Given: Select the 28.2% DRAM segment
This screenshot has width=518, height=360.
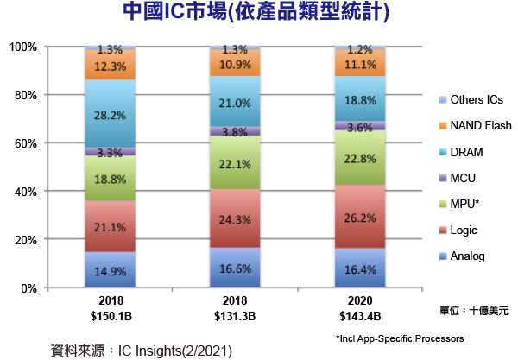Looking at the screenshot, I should point(110,114).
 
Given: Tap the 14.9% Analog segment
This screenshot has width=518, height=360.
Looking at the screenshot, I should point(110,269).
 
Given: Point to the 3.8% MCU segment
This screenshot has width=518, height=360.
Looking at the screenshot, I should point(236,131).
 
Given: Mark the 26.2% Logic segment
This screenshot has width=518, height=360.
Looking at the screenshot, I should point(360,217).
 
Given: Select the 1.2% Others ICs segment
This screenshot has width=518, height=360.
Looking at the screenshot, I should point(360,49).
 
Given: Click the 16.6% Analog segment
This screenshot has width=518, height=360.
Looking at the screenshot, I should point(236,268).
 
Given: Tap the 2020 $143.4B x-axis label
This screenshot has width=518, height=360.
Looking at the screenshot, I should point(360,308).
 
